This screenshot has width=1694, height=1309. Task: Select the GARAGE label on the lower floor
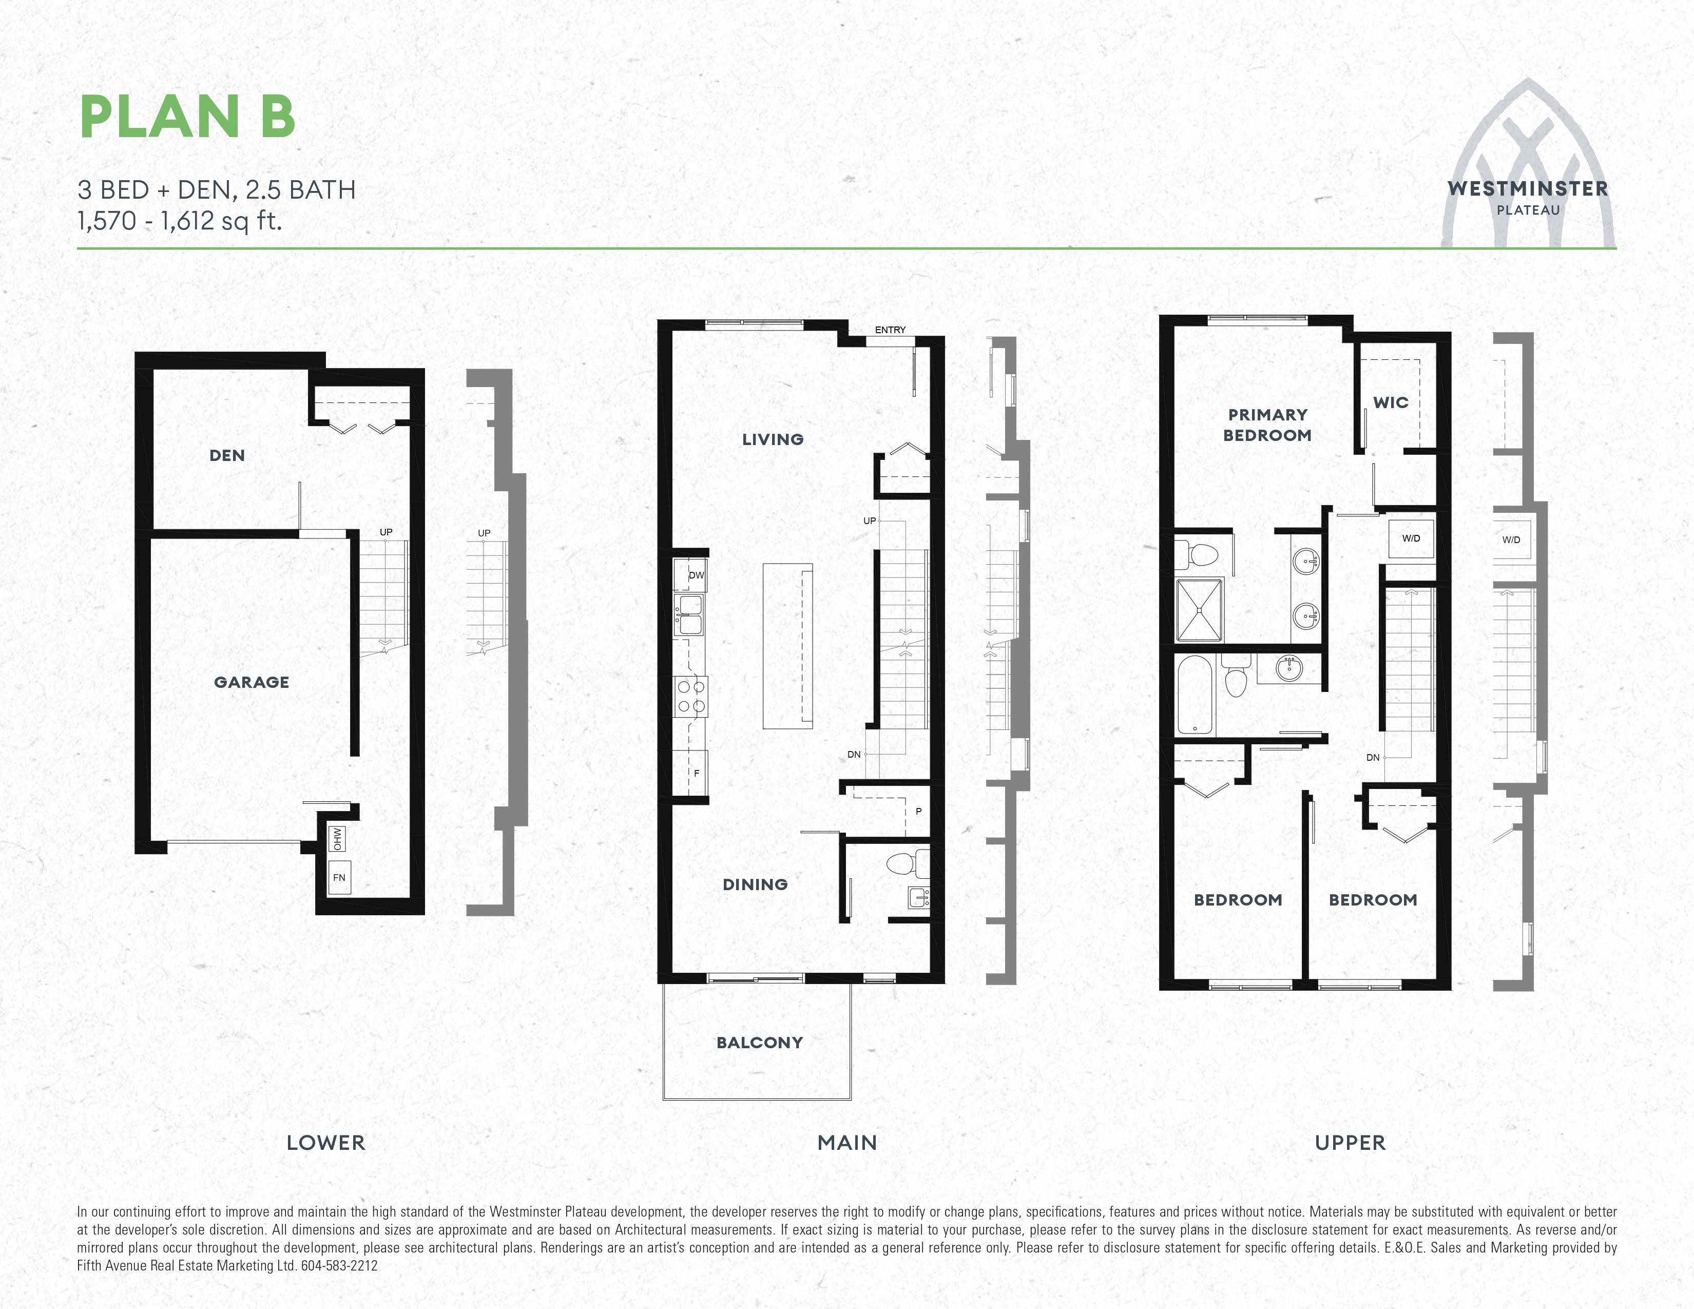coord(252,682)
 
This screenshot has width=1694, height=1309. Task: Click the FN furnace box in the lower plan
coord(339,877)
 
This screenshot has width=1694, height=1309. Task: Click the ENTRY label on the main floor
coord(890,330)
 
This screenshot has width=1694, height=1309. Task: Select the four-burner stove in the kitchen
coord(689,696)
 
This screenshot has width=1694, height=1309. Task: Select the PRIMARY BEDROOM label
coord(1267,425)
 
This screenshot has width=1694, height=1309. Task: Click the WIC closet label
coord(1391,402)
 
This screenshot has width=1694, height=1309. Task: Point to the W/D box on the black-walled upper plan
coord(1411,538)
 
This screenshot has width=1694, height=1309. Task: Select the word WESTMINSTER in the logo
coord(1527,188)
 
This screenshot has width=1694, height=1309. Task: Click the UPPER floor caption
coord(1350,1142)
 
